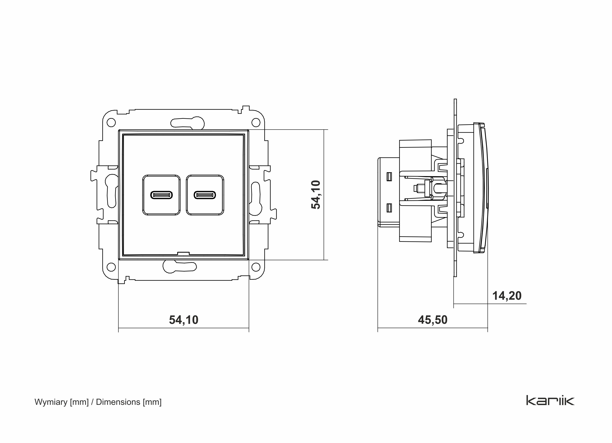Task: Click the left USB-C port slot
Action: [161, 195]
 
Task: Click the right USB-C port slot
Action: [205, 195]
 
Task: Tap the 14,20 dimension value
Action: [507, 296]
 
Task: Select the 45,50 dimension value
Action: [433, 320]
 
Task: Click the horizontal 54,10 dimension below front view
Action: [183, 320]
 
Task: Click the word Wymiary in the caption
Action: [51, 402]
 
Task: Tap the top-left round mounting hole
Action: [111, 123]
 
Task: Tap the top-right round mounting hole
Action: [256, 123]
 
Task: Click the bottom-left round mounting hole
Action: [111, 267]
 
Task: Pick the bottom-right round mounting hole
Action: [256, 267]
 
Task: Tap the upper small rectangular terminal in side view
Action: [389, 176]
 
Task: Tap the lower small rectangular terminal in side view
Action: [389, 208]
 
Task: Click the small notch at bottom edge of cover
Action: [183, 253]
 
